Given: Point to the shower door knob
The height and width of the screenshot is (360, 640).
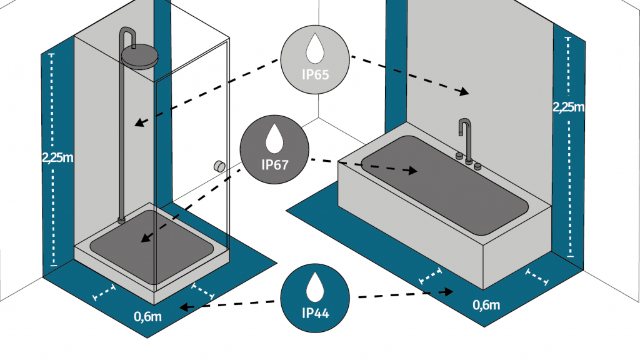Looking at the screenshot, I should click(219, 166).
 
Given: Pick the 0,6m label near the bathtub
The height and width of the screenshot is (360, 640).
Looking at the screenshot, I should click(486, 306).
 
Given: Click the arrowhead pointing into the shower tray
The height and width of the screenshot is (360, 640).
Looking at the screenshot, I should click(144, 238).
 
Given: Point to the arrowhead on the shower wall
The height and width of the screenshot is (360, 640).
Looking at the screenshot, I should click(139, 123).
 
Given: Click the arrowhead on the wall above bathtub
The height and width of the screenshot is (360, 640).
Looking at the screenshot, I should click(462, 92).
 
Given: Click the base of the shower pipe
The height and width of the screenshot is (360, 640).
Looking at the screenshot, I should click(122, 219).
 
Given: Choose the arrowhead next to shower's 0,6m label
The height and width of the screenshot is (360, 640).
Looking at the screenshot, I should click(183, 307).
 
